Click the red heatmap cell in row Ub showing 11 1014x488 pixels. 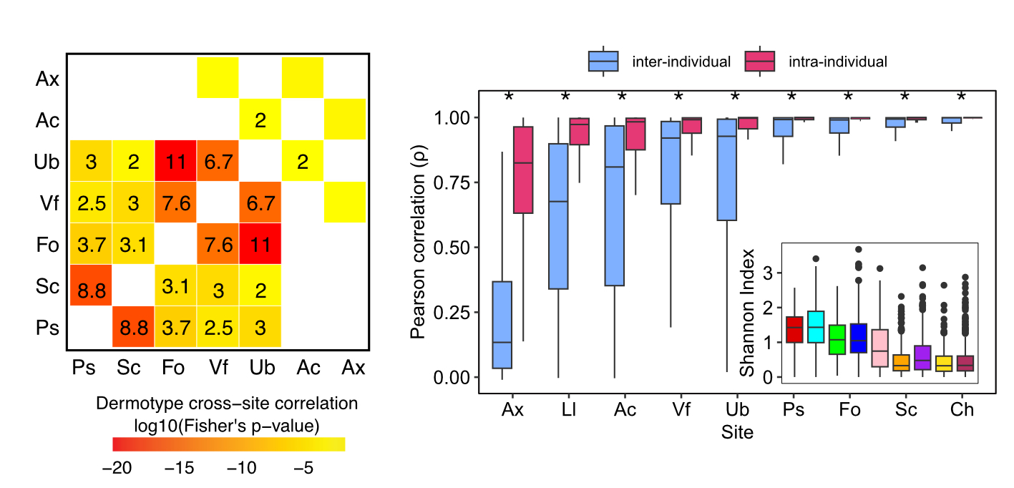click(x=175, y=162)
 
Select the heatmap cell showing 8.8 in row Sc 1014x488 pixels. click(x=90, y=286)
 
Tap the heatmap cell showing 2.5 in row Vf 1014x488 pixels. click(x=90, y=203)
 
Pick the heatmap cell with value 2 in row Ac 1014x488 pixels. click(x=260, y=120)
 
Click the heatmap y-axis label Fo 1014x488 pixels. click(x=47, y=244)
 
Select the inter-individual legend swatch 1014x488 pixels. click(x=603, y=62)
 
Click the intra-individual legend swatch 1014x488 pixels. click(x=759, y=62)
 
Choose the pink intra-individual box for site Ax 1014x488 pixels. click(x=524, y=170)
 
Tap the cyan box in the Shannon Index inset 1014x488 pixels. click(x=815, y=327)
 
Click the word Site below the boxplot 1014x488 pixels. click(x=737, y=432)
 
